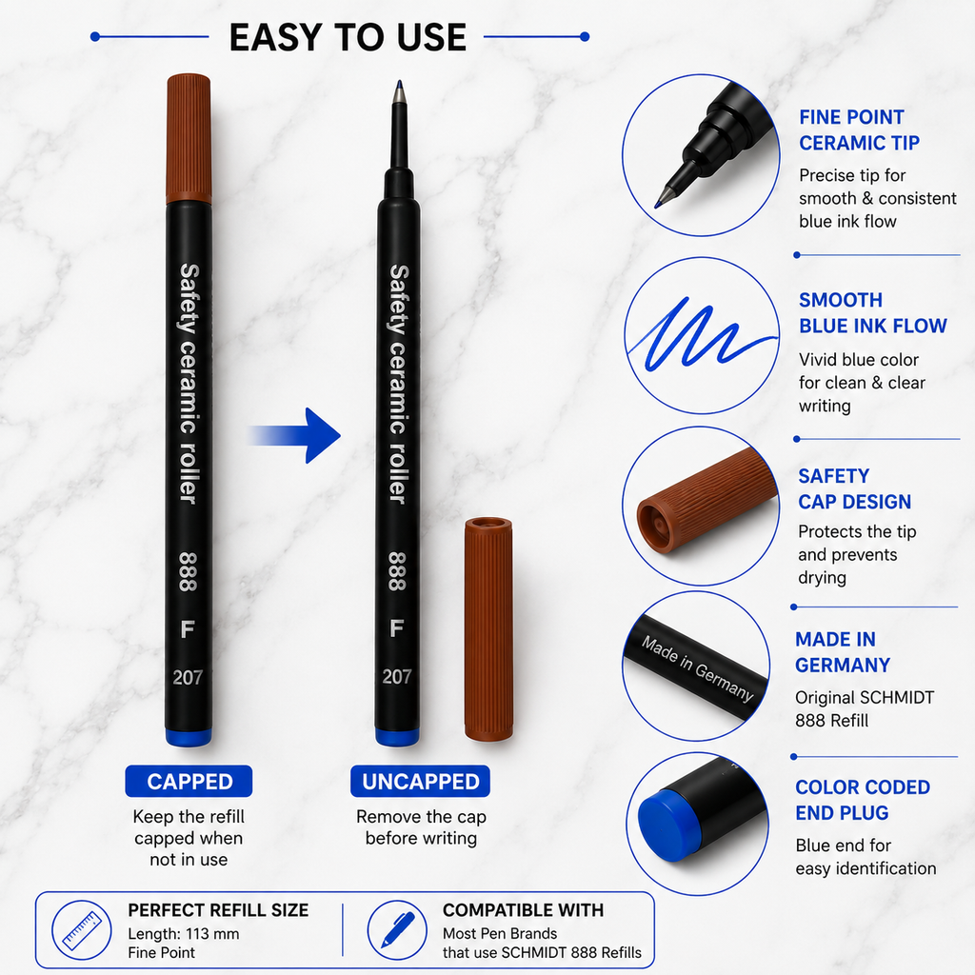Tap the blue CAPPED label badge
(189, 781)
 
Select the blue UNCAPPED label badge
(420, 781)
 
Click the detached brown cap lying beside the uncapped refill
(488, 628)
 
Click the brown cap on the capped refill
(189, 138)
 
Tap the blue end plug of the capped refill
(189, 737)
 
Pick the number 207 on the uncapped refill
(397, 677)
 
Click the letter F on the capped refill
(188, 629)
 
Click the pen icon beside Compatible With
(397, 930)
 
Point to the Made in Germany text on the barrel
(698, 668)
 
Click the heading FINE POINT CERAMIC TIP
(859, 129)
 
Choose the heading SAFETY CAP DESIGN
(854, 488)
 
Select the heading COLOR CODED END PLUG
(863, 800)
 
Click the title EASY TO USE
(348, 37)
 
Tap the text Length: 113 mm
(184, 934)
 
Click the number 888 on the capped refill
(188, 571)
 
